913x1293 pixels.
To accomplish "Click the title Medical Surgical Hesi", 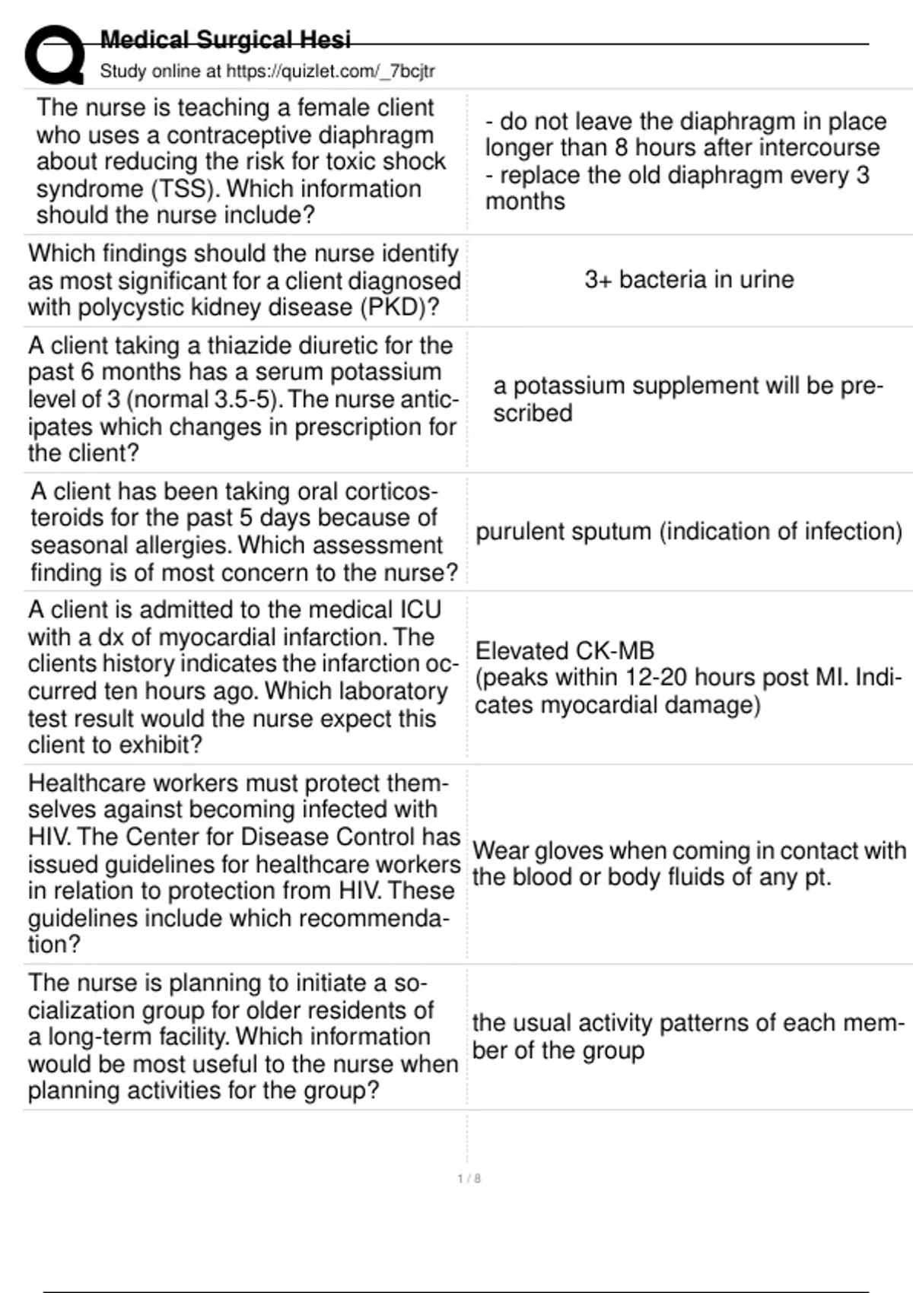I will (225, 40).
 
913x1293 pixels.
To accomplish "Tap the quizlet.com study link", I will (330, 71).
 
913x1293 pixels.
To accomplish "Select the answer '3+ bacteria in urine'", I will (689, 280).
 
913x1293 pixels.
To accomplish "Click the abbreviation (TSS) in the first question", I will (186, 189).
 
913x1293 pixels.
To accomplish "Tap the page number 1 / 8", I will (469, 1179).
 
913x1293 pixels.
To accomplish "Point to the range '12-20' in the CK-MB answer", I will (658, 678).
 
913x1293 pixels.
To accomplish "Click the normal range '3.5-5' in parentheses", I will (247, 399).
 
